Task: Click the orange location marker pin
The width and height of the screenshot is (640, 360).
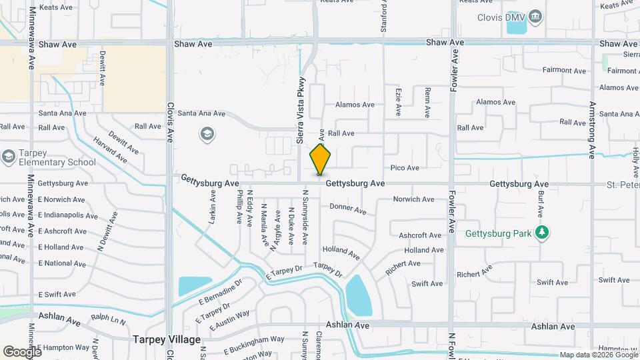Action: tap(321, 159)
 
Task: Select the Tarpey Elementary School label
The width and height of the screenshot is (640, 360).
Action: tap(57, 157)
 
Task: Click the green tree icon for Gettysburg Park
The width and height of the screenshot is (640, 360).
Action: tap(544, 233)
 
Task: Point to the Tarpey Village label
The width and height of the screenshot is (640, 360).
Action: tap(167, 339)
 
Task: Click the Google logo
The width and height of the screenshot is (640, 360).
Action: tap(22, 351)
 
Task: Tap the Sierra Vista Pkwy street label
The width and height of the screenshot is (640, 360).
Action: tap(301, 111)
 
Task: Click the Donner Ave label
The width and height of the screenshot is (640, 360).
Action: tap(348, 209)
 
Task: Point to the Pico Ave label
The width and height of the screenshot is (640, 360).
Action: tap(405, 168)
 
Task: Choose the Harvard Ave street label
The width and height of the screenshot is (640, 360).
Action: tap(110, 151)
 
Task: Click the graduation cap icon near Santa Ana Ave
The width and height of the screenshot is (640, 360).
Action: tap(207, 135)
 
